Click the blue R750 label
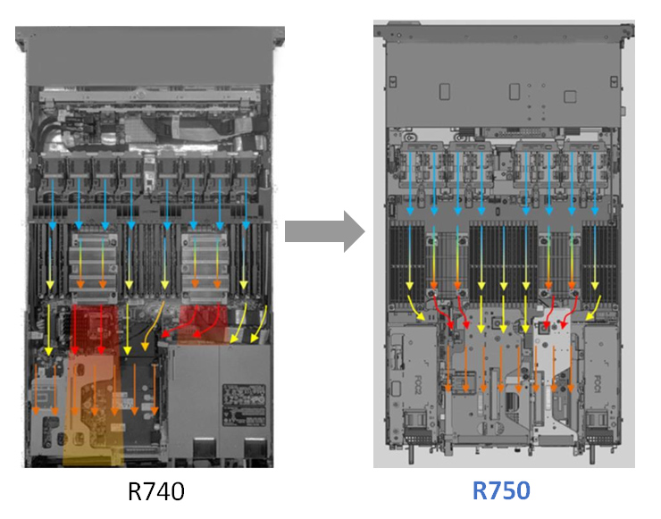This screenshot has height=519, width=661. click(500, 490)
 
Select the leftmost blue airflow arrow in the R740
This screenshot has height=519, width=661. click(53, 192)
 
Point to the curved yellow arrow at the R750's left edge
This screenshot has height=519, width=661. click(416, 307)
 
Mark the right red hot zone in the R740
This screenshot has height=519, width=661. click(204, 320)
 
